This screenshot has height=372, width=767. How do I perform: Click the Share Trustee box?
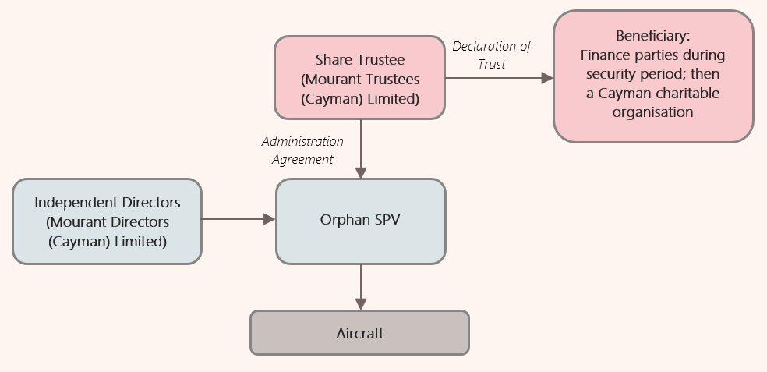coord(359,78)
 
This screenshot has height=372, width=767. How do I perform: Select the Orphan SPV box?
coord(360,221)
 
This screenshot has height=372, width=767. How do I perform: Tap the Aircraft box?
coord(359,333)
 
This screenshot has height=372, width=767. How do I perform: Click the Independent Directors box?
coord(108,221)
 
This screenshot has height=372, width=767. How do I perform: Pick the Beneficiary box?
coord(653,76)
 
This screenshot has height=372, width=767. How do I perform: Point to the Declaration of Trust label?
coord(492,55)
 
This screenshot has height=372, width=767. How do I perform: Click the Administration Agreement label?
coord(302,151)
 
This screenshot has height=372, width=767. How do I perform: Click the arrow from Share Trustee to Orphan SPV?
coord(360,148)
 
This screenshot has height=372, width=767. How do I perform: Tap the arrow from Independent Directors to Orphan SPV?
coord(239,219)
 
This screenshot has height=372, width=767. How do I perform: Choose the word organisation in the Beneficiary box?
coord(653,112)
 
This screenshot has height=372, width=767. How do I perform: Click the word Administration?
coord(302,142)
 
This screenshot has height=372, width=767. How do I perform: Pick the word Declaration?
coord(485,46)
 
